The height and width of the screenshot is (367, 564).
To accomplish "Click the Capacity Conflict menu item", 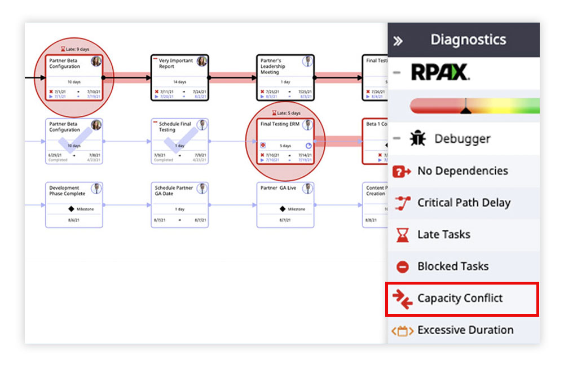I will (x=461, y=298).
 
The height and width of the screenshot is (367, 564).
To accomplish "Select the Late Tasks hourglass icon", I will (x=402, y=235).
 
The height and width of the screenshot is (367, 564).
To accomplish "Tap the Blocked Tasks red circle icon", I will (x=402, y=266).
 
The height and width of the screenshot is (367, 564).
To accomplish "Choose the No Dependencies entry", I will (x=462, y=171).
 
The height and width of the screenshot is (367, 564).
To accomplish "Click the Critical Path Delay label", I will (x=464, y=203).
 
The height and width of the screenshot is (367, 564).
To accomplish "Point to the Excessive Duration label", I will (x=465, y=330).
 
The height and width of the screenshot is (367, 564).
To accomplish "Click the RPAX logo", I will (x=440, y=72).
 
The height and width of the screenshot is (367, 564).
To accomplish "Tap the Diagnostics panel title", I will (x=468, y=40).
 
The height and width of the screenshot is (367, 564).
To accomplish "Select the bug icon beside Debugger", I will (x=418, y=139).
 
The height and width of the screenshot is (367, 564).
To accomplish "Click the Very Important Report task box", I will (x=179, y=77).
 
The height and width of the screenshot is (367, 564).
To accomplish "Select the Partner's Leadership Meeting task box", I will (x=285, y=77).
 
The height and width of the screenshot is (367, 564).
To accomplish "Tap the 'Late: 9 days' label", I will (x=74, y=49).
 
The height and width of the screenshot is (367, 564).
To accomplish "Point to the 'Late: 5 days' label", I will (x=285, y=113).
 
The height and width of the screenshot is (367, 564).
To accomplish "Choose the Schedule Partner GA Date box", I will (x=179, y=204).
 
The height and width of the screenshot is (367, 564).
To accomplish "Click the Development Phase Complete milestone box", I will (x=74, y=204).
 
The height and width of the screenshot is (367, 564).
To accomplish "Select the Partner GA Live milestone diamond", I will (x=283, y=209).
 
